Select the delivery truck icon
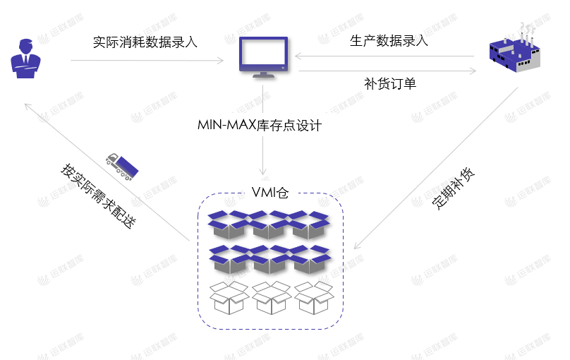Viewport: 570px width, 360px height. [122, 165]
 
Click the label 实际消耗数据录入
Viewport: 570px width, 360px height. [145, 42]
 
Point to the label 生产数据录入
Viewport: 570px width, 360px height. [389, 40]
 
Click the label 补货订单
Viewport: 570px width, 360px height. [390, 83]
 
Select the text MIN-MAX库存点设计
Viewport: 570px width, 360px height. [260, 126]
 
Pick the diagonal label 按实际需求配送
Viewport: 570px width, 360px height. [97, 195]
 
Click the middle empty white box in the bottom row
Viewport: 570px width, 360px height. [272, 298]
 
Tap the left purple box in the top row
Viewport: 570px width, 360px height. [229, 224]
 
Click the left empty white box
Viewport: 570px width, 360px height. [229, 298]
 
